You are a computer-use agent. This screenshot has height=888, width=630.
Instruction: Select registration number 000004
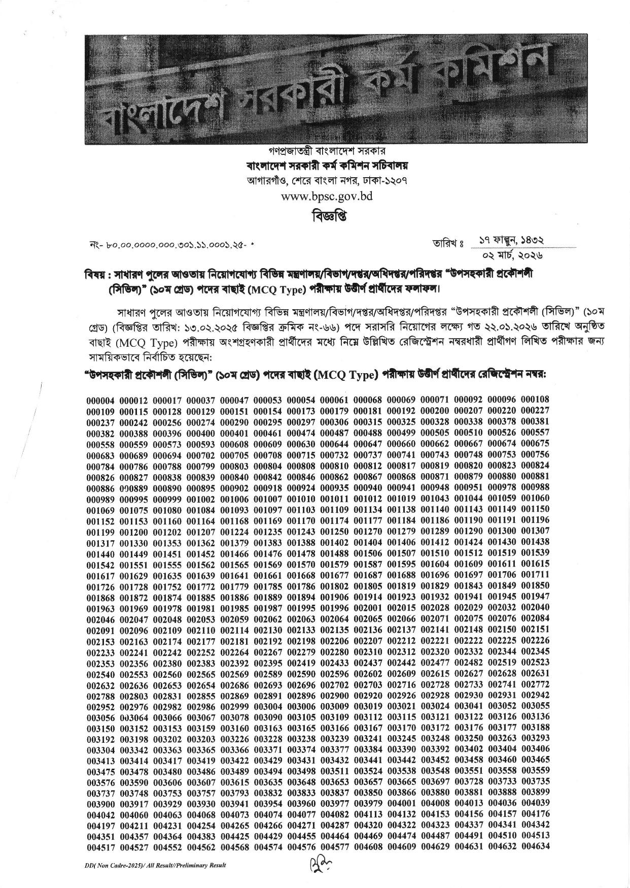[100, 400]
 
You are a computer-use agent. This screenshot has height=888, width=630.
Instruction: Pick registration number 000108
[535, 400]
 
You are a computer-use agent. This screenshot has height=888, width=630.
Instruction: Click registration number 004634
[535, 846]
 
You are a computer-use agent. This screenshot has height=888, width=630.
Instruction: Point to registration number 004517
[100, 846]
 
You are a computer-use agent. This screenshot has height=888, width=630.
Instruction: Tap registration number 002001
[368, 608]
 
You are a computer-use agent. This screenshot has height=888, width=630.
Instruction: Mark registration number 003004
[268, 706]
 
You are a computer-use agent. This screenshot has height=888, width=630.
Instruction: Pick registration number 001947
[535, 597]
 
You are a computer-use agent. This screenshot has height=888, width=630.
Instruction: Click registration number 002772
[535, 684]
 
